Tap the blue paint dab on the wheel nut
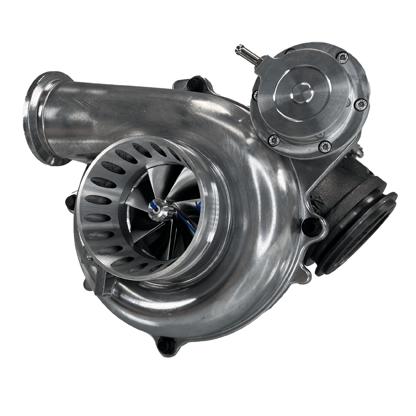pos(156,206)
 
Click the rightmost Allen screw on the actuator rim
pos(361,104)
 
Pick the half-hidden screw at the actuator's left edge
pos(255,95)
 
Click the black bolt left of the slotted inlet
pos(71,202)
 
